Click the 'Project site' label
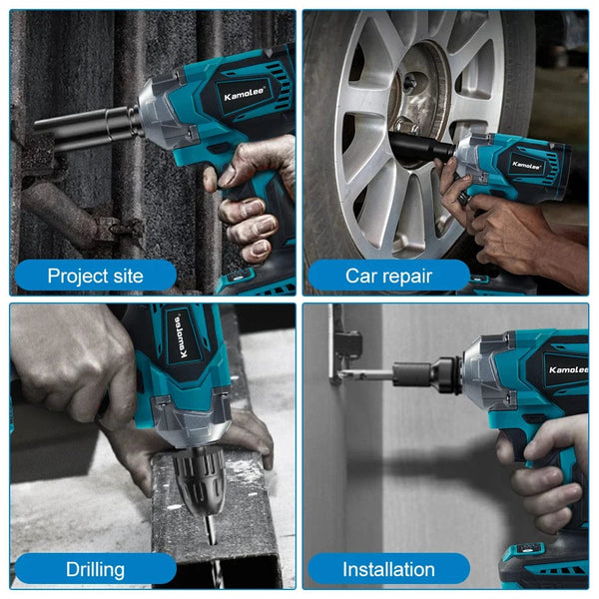click(x=96, y=276)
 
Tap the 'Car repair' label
click(x=389, y=276)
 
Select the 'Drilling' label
click(x=96, y=570)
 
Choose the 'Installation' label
click(x=389, y=570)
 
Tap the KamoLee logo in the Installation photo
click(x=560, y=368)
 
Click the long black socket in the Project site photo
click(x=85, y=127)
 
